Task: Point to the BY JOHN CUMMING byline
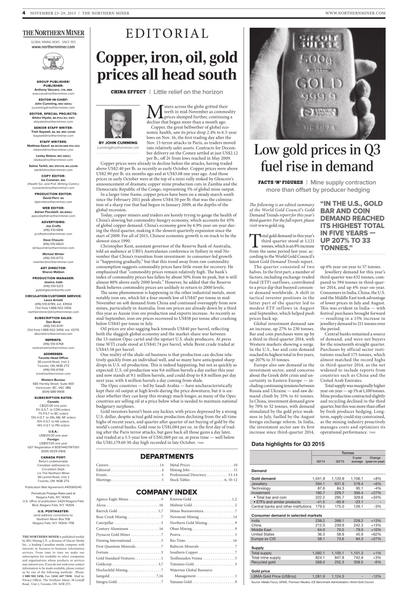click(x=118, y=143)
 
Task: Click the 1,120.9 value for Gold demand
click(x=339, y=478)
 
